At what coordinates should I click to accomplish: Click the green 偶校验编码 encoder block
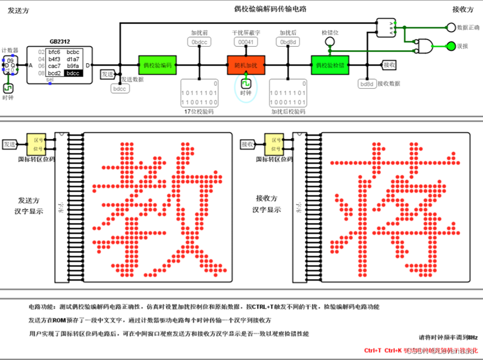pyautogui.click(x=157, y=64)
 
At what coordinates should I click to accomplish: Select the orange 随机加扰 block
pyautogui.click(x=247, y=64)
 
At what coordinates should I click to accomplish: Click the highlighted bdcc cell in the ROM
pyautogui.click(x=73, y=73)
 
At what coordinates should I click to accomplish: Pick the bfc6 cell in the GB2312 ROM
pyautogui.click(x=54, y=52)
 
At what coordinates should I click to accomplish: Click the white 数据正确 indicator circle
pyautogui.click(x=450, y=27)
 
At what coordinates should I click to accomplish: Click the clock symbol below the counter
pyautogui.click(x=8, y=88)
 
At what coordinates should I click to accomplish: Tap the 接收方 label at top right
pyautogui.click(x=463, y=9)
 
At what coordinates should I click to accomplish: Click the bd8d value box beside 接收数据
pyautogui.click(x=366, y=84)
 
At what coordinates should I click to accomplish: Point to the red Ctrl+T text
pyautogui.click(x=372, y=351)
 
